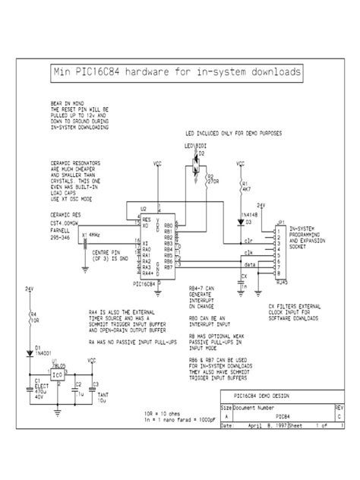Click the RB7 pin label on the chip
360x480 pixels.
pyautogui.click(x=168, y=267)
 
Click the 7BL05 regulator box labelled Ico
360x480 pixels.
pyautogui.click(x=58, y=374)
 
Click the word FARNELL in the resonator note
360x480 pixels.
pyautogui.click(x=62, y=231)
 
